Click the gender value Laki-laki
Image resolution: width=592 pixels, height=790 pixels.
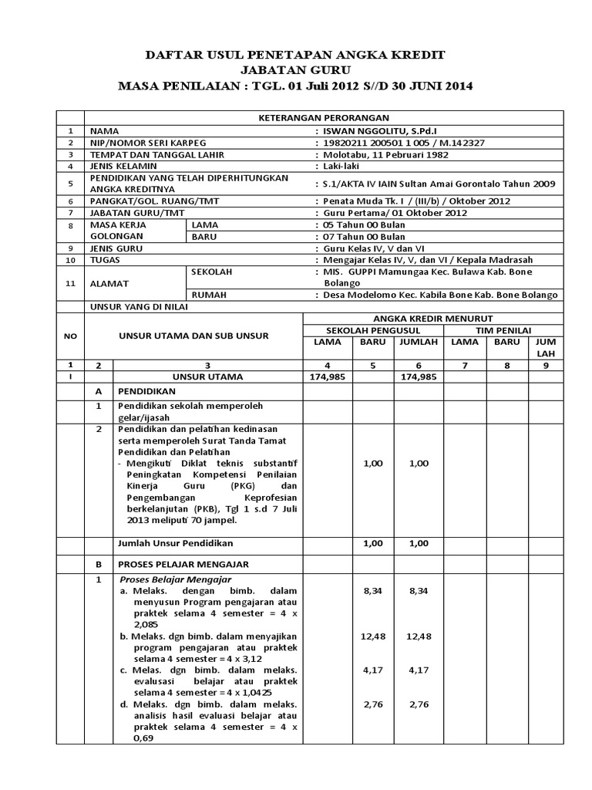339,166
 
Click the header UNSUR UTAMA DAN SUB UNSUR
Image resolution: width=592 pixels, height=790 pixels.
193,336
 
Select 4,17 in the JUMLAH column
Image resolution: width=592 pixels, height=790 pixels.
418,670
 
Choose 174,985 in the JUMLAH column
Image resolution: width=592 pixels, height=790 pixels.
418,376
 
